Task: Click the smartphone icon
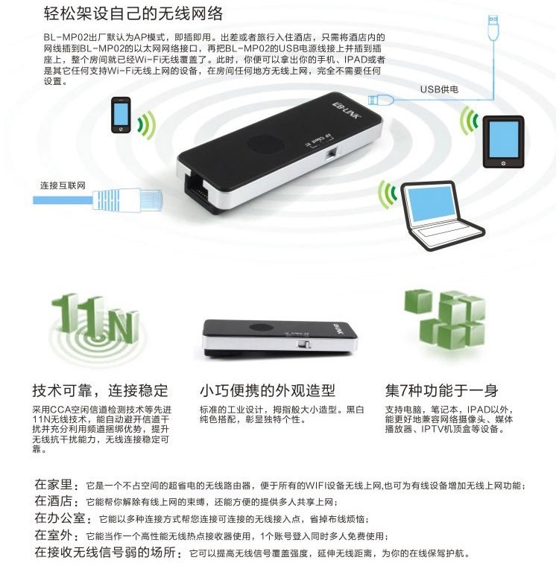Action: point(121,115)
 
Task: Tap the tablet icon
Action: point(503,141)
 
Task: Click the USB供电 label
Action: point(439,89)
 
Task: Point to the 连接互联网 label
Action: point(63,185)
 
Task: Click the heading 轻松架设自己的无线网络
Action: point(133,13)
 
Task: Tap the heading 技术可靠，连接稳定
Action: point(100,390)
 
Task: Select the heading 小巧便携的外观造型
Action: point(268,390)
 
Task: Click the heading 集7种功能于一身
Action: point(441,390)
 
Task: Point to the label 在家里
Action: point(56,484)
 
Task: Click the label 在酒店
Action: point(56,501)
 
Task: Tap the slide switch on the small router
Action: point(304,344)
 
